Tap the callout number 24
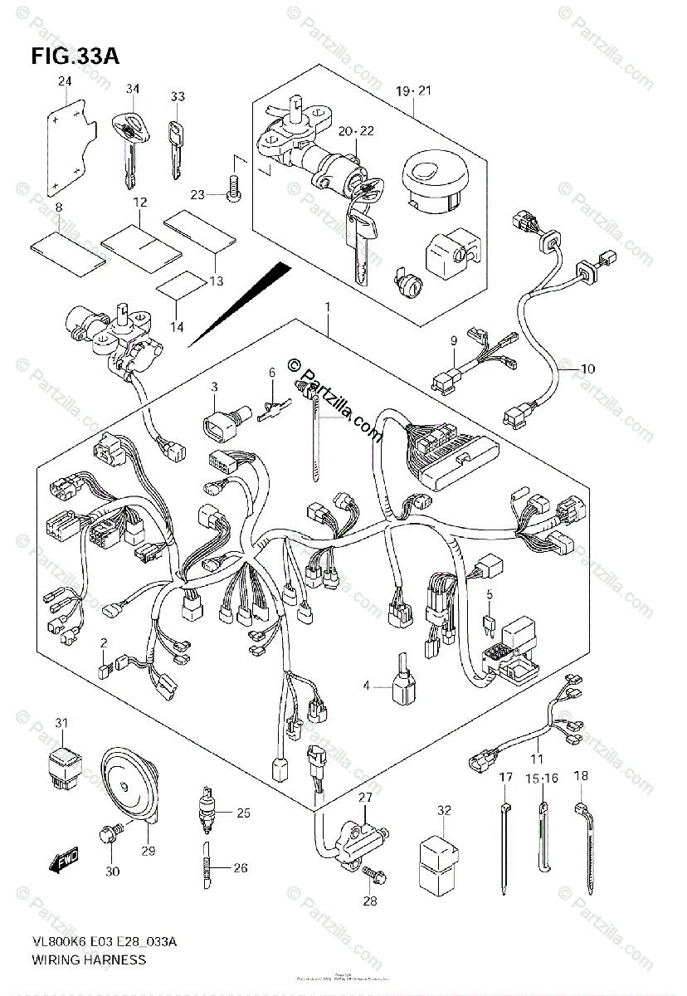tap(64, 81)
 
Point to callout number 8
tap(59, 206)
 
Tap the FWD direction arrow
tap(65, 865)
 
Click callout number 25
tap(242, 813)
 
